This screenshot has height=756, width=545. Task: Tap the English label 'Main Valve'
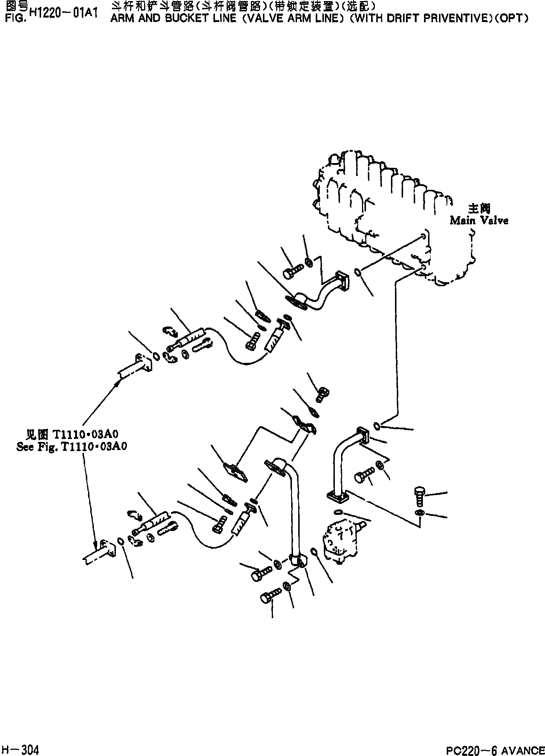coord(479,220)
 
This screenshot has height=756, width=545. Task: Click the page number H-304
coord(20,748)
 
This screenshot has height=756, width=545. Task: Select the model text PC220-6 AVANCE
coord(495,748)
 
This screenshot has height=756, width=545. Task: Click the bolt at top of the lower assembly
coord(323,394)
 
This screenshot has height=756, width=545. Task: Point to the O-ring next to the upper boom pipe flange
coord(155,356)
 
